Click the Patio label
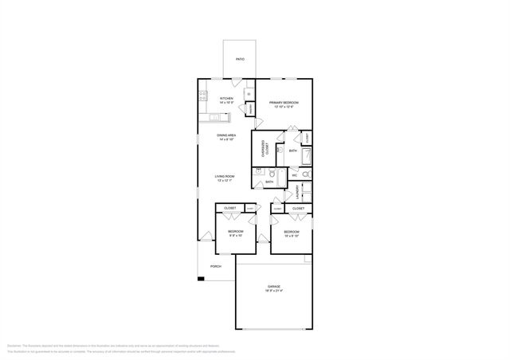click(x=240, y=60)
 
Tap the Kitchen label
click(x=226, y=99)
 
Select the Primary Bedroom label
click(x=283, y=103)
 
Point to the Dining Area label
click(x=226, y=135)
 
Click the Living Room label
click(x=224, y=176)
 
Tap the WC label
click(x=294, y=175)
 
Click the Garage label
click(x=273, y=286)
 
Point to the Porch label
click(x=215, y=266)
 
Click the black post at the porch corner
click(x=201, y=278)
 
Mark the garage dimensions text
click(x=273, y=292)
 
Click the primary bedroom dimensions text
click(x=283, y=108)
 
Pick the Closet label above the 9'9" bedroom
click(x=230, y=208)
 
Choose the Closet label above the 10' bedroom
click(x=298, y=208)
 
